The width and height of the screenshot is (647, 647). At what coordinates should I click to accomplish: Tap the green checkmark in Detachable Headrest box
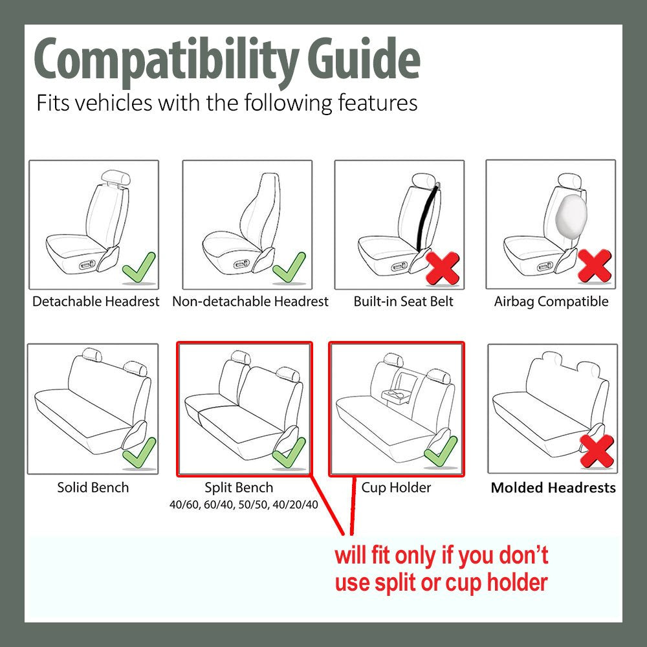pos(139,268)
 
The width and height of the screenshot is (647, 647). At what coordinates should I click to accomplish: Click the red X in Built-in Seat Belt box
pos(443,268)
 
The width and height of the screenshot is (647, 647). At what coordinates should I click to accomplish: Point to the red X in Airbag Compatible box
pos(594,267)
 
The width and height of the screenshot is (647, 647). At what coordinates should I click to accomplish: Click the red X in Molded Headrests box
pos(597,452)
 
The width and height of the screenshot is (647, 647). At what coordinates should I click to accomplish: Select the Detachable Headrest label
pos(96,302)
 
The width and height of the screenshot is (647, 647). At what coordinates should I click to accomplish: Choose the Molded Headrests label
pos(553,488)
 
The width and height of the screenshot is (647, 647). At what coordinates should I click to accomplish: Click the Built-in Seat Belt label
pos(403,302)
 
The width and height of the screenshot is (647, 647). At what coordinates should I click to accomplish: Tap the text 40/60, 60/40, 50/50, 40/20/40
pos(243,505)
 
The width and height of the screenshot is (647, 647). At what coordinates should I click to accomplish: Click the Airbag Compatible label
pos(551,302)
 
